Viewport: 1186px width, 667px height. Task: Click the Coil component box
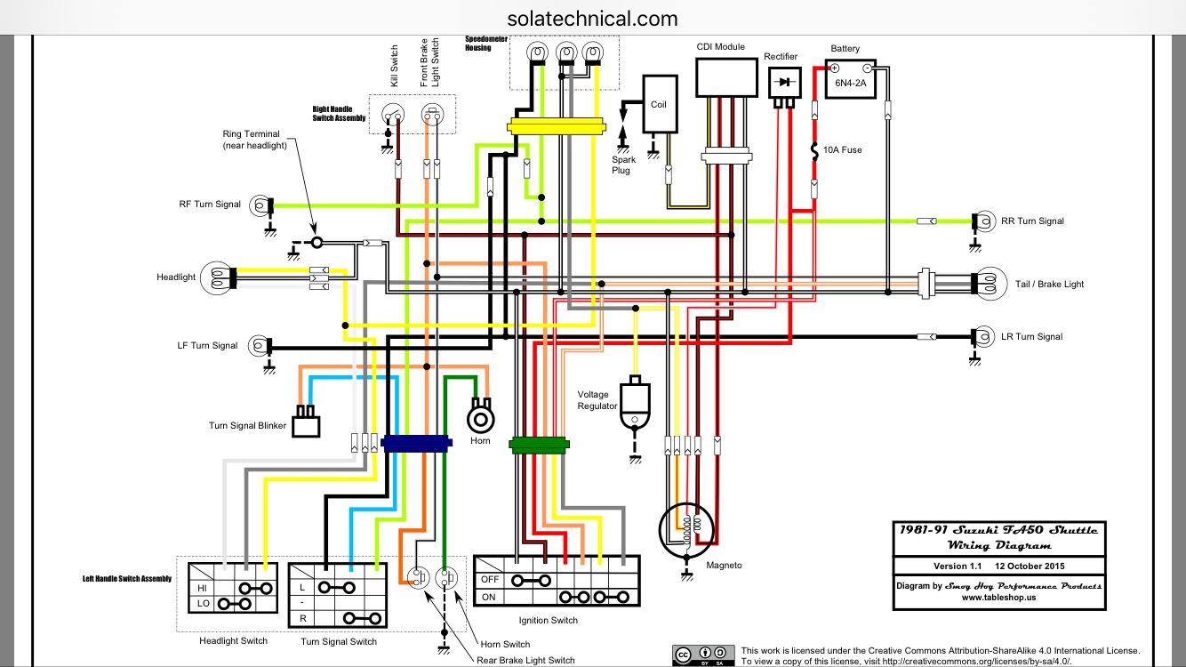click(658, 104)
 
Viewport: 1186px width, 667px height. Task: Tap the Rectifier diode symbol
click(783, 82)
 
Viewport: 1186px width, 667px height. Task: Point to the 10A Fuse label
click(842, 150)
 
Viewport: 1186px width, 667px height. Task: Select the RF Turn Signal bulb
click(259, 205)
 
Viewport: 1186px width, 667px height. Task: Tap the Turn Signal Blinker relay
click(308, 422)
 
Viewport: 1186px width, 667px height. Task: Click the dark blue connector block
click(414, 442)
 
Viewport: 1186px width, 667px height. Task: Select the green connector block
click(539, 444)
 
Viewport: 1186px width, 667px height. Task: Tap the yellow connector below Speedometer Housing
click(556, 127)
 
